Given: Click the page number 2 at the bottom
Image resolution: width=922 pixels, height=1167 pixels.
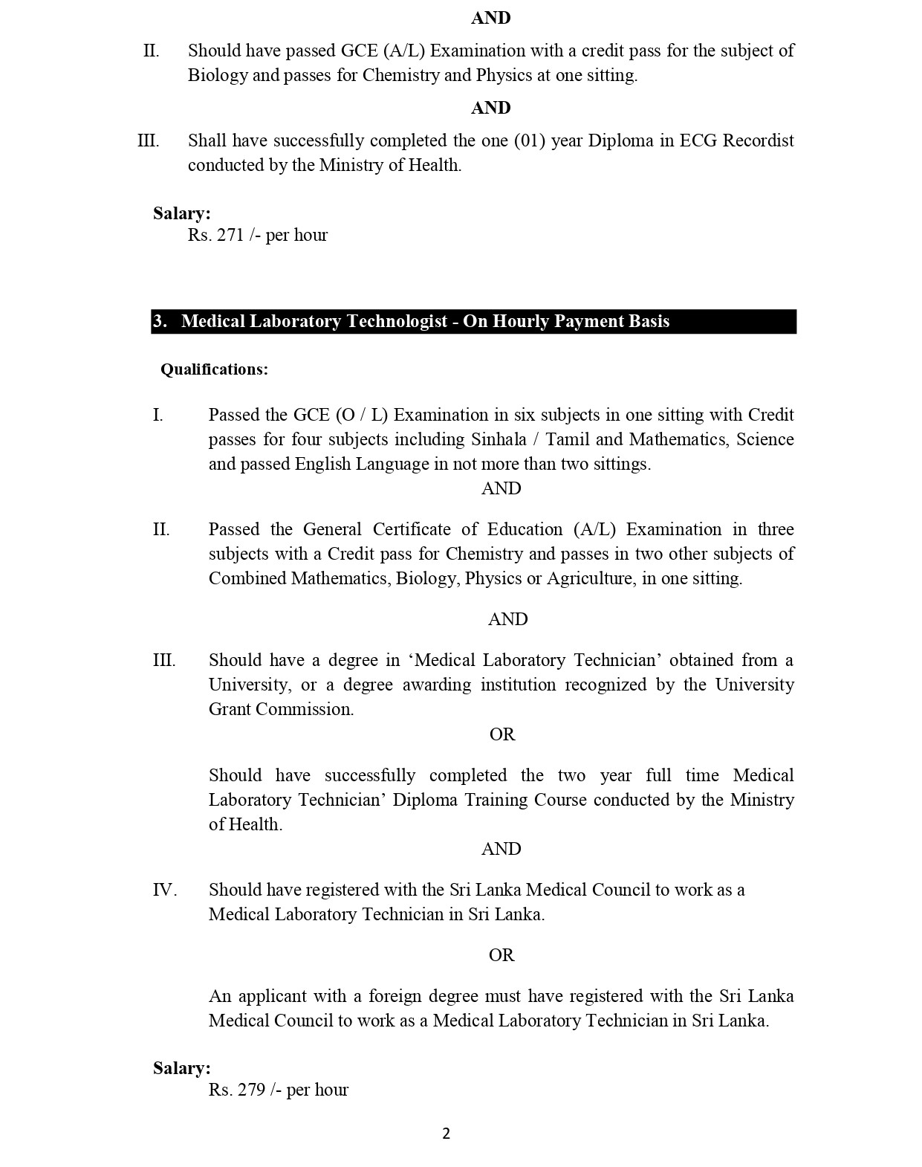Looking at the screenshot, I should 446,1134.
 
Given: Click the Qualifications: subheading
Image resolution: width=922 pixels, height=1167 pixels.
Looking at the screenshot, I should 214,369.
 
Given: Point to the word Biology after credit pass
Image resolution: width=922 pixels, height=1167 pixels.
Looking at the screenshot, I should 217,75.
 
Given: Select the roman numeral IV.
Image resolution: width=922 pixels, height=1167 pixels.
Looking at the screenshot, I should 164,890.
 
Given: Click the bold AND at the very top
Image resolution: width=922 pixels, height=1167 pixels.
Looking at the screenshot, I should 490,18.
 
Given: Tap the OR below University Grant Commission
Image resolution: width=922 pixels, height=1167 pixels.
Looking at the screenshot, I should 501,734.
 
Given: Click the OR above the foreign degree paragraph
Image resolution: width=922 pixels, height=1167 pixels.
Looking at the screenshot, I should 501,955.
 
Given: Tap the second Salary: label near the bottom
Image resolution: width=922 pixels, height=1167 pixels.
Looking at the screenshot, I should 182,1068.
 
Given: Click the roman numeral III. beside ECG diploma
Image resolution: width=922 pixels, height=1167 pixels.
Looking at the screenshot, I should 149,140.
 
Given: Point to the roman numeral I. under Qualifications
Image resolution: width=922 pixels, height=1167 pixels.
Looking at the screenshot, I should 158,415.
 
